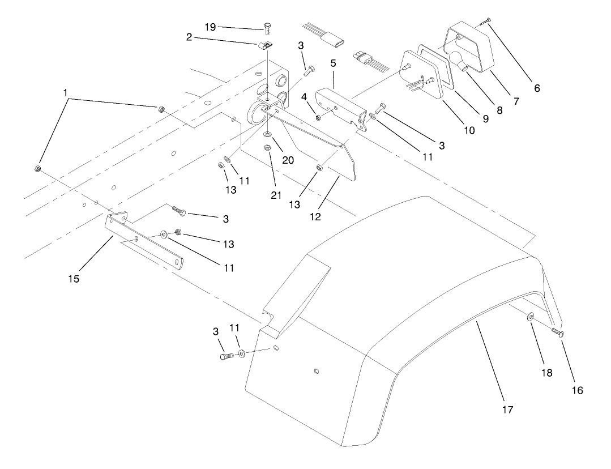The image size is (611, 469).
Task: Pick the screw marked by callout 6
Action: (x=485, y=21)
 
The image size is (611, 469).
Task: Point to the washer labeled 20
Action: (x=267, y=135)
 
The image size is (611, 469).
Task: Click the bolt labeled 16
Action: (x=557, y=332)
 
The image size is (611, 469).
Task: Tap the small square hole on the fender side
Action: (x=316, y=372)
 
